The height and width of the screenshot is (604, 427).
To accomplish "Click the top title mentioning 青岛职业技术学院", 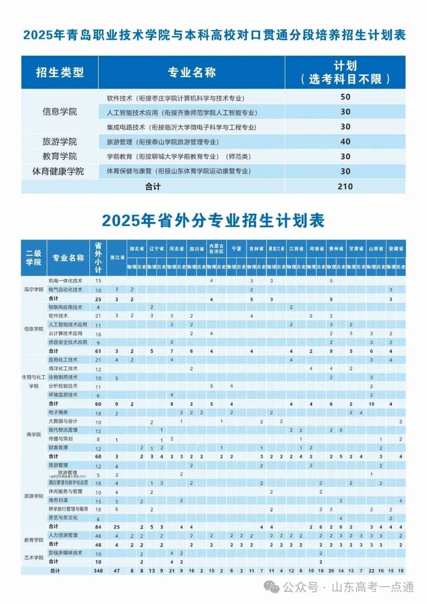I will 214,35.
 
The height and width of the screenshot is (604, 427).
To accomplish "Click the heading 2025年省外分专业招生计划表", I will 213,220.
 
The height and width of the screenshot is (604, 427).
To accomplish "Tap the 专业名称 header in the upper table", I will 192,72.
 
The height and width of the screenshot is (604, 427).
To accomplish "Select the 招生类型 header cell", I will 60,72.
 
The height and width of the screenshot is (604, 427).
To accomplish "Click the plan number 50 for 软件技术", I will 345,97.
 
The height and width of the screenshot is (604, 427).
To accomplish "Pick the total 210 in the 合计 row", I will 345,186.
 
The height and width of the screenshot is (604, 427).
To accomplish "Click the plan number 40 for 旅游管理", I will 345,142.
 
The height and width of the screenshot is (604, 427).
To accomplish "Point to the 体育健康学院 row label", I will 58,171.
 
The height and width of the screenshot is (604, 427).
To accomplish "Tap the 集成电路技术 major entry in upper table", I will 181,127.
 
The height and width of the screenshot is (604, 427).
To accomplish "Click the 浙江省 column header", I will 117,258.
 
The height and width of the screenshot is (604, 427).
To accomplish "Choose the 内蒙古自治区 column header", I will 216,249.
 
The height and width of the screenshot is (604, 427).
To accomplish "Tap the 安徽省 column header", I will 396,249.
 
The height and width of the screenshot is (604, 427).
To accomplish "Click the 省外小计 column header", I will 98,258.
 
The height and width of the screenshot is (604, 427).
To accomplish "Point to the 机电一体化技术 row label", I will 65,281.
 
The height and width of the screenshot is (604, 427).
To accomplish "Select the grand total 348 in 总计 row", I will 98,571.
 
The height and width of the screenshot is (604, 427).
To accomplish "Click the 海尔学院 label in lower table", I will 34,289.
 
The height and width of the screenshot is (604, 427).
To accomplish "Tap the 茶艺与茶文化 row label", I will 63,518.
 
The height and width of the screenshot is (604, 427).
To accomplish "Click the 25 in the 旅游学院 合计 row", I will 117,527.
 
